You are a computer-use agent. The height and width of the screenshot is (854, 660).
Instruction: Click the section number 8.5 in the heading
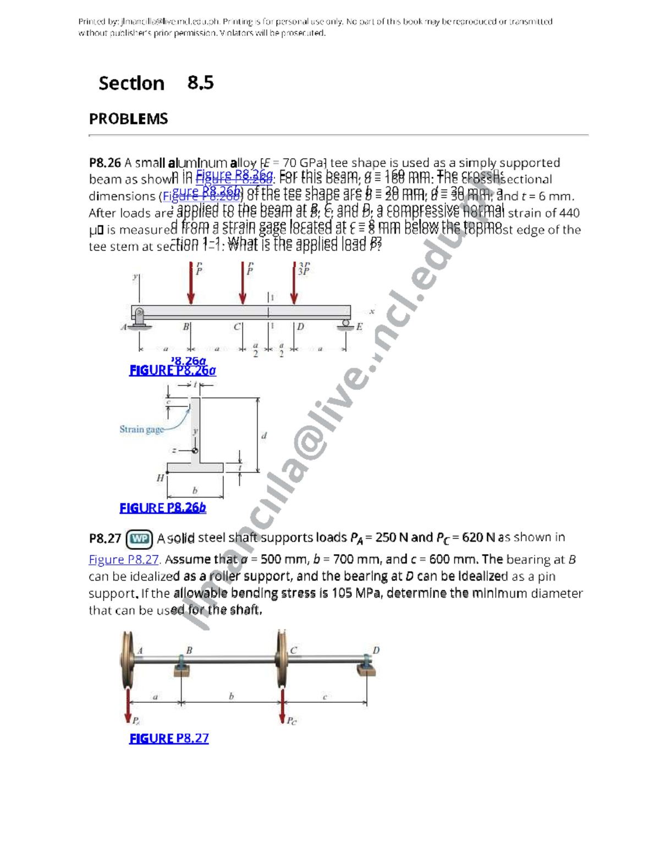pos(200,83)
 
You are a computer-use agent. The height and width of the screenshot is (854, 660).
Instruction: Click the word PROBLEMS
pos(128,119)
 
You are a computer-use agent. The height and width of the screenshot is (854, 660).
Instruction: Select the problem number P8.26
pos(105,163)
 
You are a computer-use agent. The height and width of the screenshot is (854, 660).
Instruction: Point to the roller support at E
pos(345,324)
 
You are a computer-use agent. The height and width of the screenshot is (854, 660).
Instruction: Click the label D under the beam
pos(301,327)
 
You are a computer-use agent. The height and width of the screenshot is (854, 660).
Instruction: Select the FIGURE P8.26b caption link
pos(163,508)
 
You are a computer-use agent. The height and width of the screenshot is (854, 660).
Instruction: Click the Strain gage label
pos(141,429)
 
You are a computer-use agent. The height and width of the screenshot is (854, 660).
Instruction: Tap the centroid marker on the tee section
pos(195,450)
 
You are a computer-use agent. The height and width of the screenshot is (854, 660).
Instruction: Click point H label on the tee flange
pos(160,478)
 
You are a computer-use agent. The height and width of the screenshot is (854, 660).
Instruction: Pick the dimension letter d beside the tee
pos(264,436)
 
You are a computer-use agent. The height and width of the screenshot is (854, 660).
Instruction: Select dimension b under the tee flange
pos(195,490)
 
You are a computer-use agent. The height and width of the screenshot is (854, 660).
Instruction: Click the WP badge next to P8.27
pos(139,539)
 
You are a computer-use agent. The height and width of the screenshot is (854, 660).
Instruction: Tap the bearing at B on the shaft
pos(183,666)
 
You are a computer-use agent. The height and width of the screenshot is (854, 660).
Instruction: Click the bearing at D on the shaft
pos(367,666)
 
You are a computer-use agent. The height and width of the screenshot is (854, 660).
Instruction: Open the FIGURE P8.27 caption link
pos(169,739)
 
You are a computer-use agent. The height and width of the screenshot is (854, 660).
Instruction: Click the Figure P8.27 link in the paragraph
pos(123,560)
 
